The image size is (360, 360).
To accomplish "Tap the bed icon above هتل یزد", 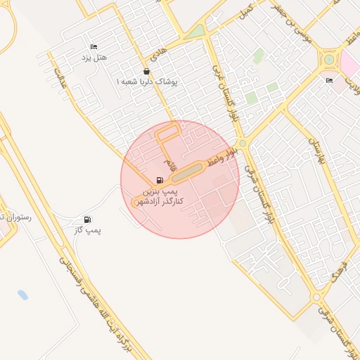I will click(94, 46).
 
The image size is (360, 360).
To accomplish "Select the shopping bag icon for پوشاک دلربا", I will click(146, 72).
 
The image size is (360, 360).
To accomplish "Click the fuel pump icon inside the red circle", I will click(160, 180).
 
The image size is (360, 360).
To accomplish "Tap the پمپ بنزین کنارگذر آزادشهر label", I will click(163, 196).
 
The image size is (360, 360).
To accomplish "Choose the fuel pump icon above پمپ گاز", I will click(88, 220).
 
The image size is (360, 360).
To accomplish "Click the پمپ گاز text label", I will click(88, 230).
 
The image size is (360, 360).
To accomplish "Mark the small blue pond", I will click(23, 295).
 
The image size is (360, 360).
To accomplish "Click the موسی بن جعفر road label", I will click(293, 21).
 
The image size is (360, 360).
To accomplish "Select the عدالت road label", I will click(60, 77).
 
